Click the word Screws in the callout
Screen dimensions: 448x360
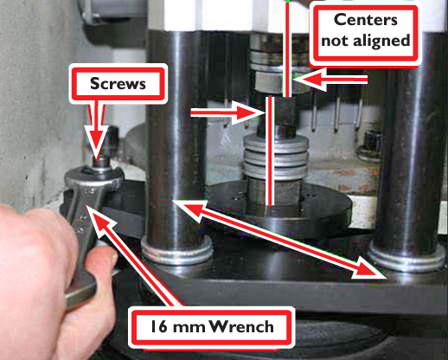coord(118,84)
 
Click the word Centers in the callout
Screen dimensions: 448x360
coord(366,20)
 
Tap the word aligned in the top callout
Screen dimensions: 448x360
coord(381,41)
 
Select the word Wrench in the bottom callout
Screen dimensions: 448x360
coord(241,326)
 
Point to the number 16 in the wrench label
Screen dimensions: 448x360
coord(159,327)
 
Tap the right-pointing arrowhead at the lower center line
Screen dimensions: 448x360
coord(249,113)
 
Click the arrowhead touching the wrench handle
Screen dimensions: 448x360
coord(97,218)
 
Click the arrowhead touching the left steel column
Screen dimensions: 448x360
coord(189,209)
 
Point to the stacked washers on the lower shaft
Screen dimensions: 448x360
coord(276,158)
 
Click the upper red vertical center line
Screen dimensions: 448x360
coord(287,48)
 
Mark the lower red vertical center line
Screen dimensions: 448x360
coord(270,151)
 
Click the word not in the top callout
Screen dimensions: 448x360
coord(335,42)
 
